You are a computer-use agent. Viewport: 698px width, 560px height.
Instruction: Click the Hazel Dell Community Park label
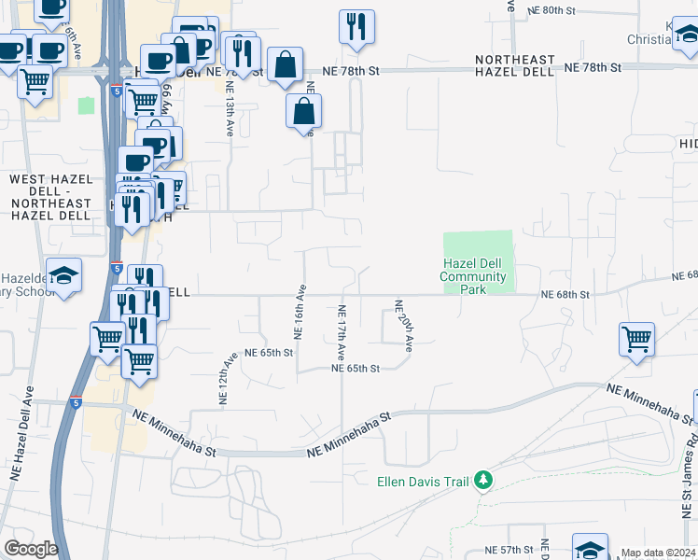click(473, 276)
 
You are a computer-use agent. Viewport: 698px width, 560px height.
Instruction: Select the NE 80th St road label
click(568, 9)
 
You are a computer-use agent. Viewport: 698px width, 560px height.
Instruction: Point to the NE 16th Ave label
click(300, 312)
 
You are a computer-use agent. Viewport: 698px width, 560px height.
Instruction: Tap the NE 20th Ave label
click(403, 326)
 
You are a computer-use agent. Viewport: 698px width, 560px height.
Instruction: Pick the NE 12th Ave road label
click(225, 378)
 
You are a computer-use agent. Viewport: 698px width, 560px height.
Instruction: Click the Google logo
click(31, 549)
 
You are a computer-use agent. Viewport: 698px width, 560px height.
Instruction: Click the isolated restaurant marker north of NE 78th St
click(356, 28)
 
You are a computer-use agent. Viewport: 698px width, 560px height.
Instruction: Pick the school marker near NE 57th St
click(590, 548)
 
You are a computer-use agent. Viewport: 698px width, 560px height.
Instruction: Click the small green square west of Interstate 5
click(87, 105)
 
